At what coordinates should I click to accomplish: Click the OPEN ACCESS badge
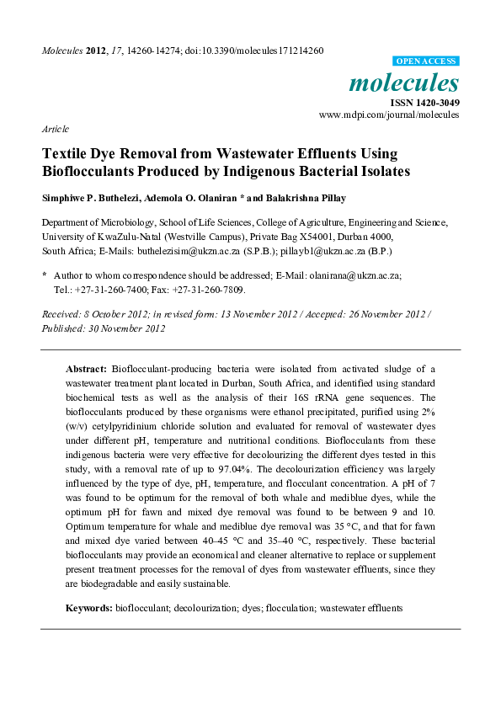[426, 61]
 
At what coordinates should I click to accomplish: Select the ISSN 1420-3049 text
[424, 103]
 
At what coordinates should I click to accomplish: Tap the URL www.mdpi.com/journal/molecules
[389, 115]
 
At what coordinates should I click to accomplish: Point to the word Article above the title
[55, 129]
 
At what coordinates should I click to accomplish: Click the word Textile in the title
[69, 154]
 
